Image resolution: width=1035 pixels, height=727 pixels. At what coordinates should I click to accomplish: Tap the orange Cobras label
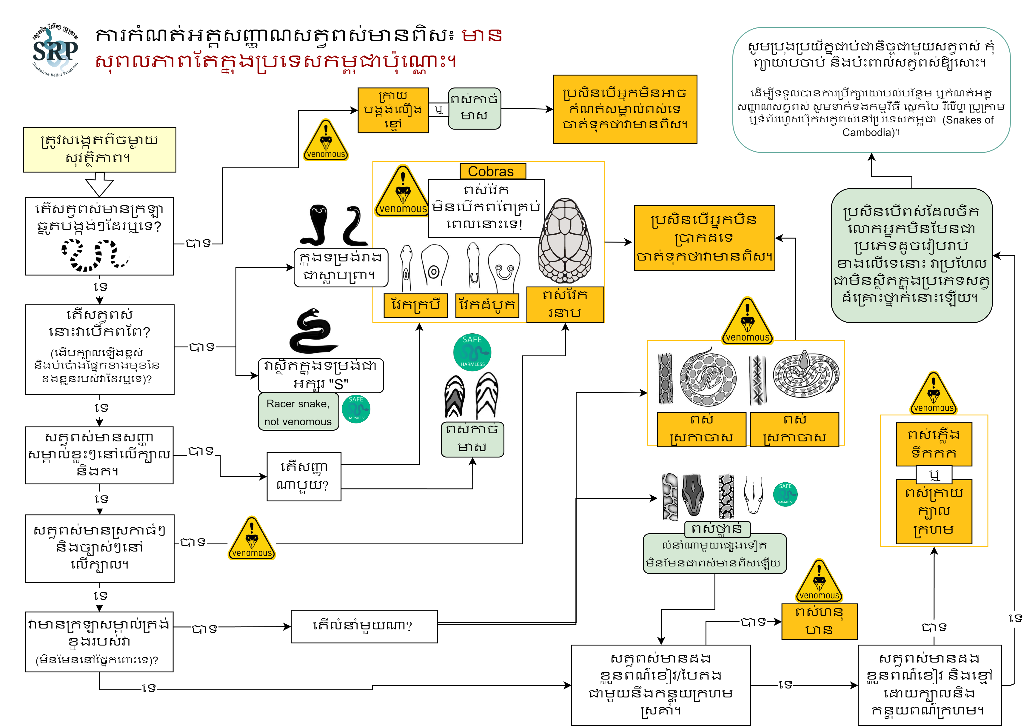click(492, 172)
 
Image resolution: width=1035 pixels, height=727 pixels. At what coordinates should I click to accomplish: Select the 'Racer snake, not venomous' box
click(298, 412)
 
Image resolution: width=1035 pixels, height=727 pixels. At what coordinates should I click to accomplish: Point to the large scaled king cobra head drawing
click(565, 241)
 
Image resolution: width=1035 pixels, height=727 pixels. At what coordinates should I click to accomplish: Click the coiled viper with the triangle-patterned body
click(806, 374)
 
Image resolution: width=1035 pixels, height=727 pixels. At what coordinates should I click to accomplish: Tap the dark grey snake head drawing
click(692, 495)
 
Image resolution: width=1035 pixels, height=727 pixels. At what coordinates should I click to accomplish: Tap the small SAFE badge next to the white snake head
click(785, 494)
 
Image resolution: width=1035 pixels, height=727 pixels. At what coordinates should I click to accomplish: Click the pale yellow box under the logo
click(100, 150)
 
